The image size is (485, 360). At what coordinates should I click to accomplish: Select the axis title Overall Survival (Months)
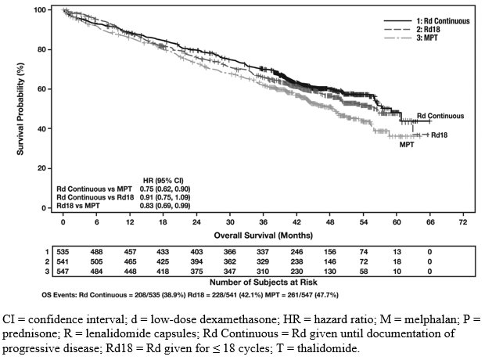click(262, 234)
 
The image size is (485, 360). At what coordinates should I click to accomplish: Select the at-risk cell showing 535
click(63, 250)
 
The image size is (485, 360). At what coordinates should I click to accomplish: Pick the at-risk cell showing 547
click(63, 270)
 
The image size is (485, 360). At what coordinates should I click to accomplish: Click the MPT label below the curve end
click(407, 145)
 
